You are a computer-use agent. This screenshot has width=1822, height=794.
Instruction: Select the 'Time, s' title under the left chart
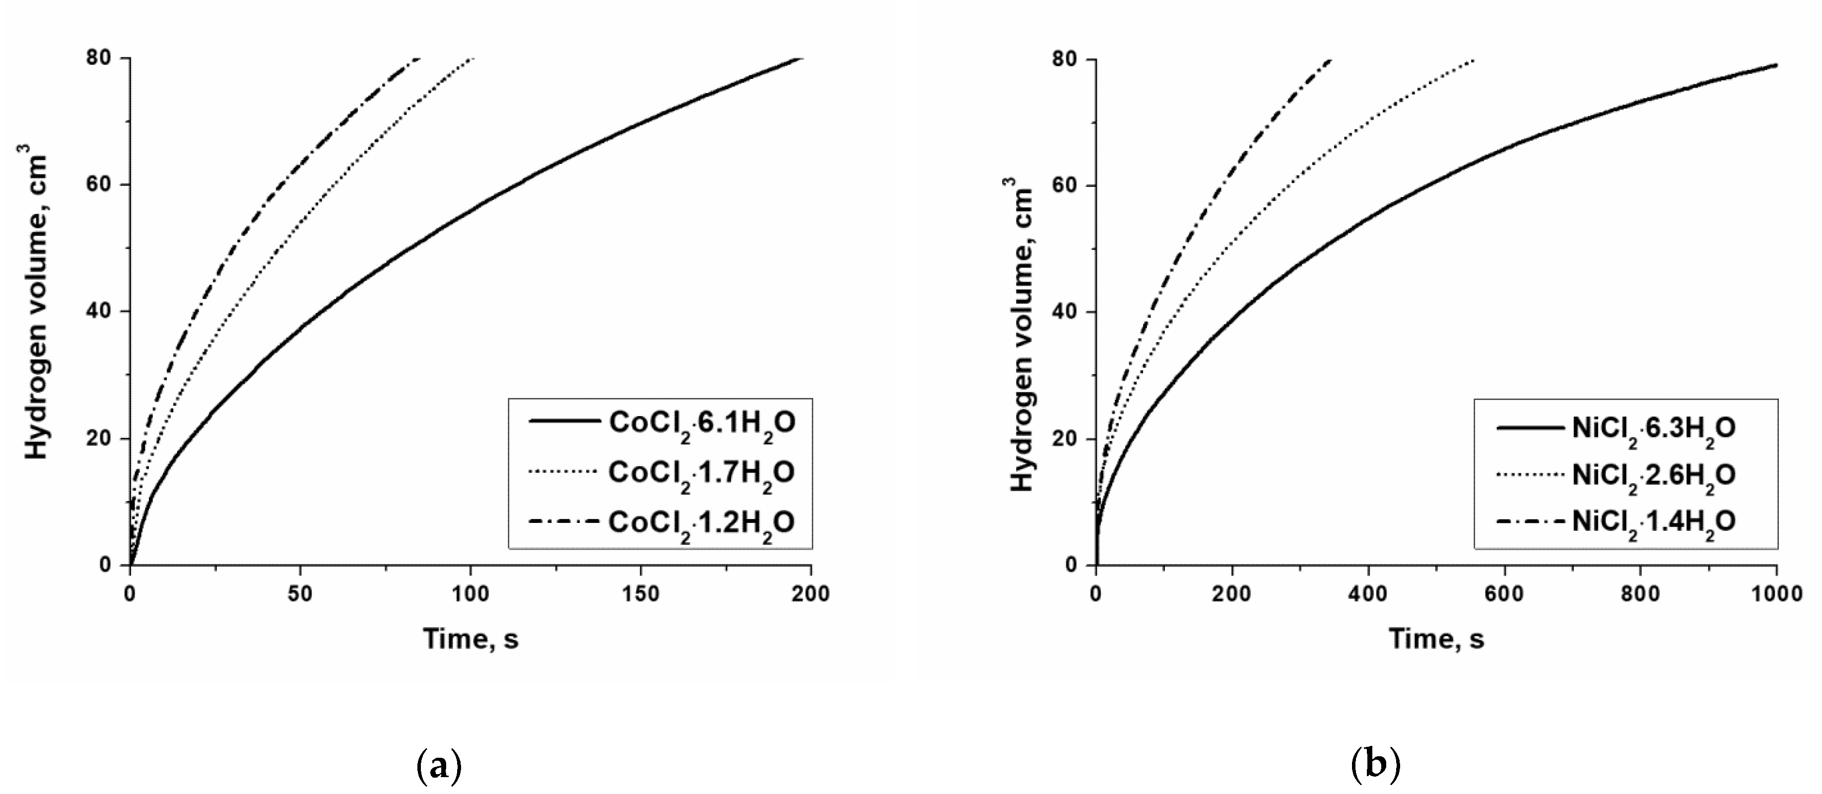coord(471,639)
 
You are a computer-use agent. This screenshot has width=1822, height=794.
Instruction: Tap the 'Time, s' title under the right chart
coord(1436,639)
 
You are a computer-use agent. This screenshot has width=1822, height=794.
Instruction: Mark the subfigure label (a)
coord(439,766)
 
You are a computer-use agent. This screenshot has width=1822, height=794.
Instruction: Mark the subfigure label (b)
coord(1375,766)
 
